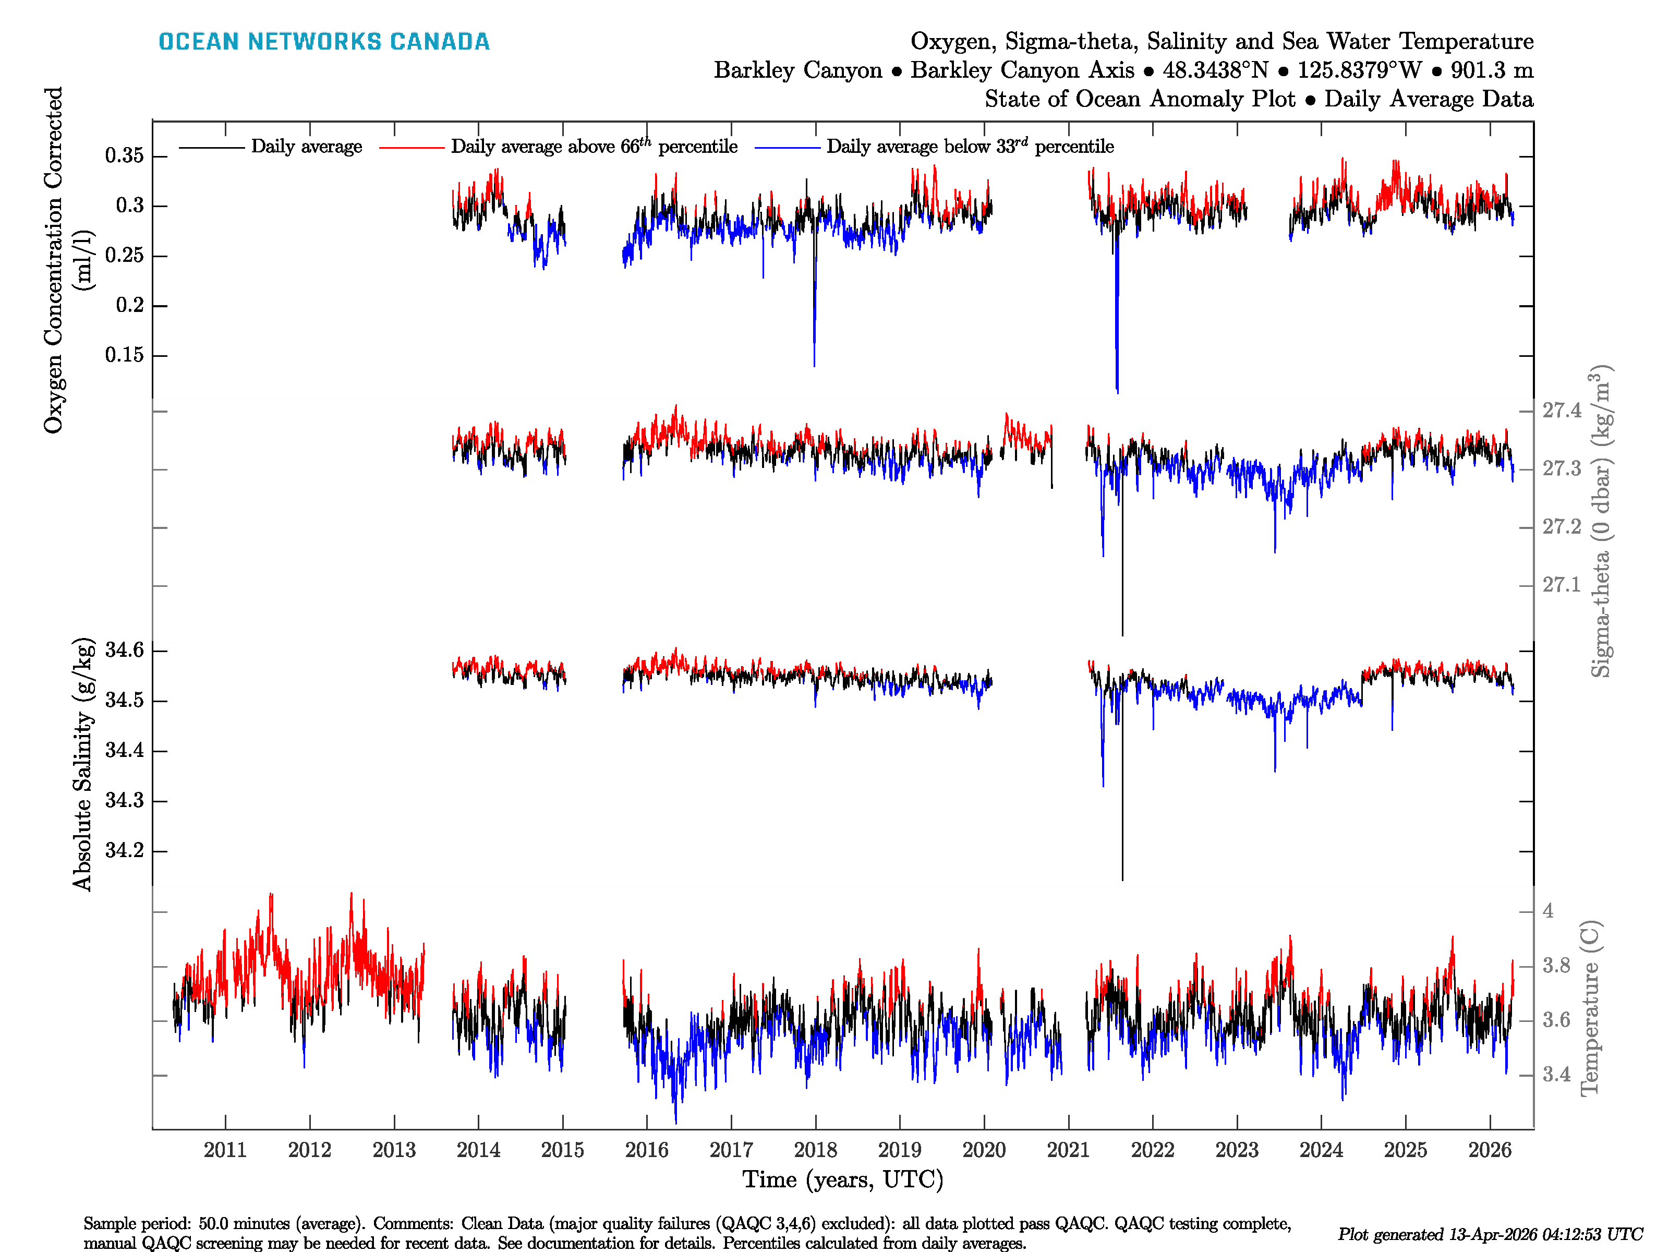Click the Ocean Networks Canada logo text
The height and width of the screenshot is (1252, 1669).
click(x=324, y=42)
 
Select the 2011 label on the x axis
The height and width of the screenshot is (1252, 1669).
click(x=225, y=1150)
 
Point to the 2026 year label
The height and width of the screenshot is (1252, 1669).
click(x=1490, y=1150)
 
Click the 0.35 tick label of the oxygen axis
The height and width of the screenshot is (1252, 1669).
click(x=125, y=156)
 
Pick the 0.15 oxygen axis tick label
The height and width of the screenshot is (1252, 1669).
click(x=125, y=355)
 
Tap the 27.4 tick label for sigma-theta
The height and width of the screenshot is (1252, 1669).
click(x=1561, y=411)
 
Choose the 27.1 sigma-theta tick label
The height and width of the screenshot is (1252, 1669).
click(x=1561, y=585)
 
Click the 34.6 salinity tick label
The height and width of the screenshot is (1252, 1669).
click(x=125, y=650)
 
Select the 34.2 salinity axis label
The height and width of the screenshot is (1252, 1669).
click(x=125, y=850)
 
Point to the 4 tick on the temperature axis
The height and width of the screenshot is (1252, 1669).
click(x=1547, y=911)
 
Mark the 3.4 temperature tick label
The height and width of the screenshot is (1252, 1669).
click(x=1556, y=1075)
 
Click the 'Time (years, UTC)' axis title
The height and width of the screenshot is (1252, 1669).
click(x=843, y=1179)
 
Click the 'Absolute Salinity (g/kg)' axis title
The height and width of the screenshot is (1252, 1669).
click(x=82, y=764)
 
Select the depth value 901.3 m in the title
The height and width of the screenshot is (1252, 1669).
click(x=1492, y=70)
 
